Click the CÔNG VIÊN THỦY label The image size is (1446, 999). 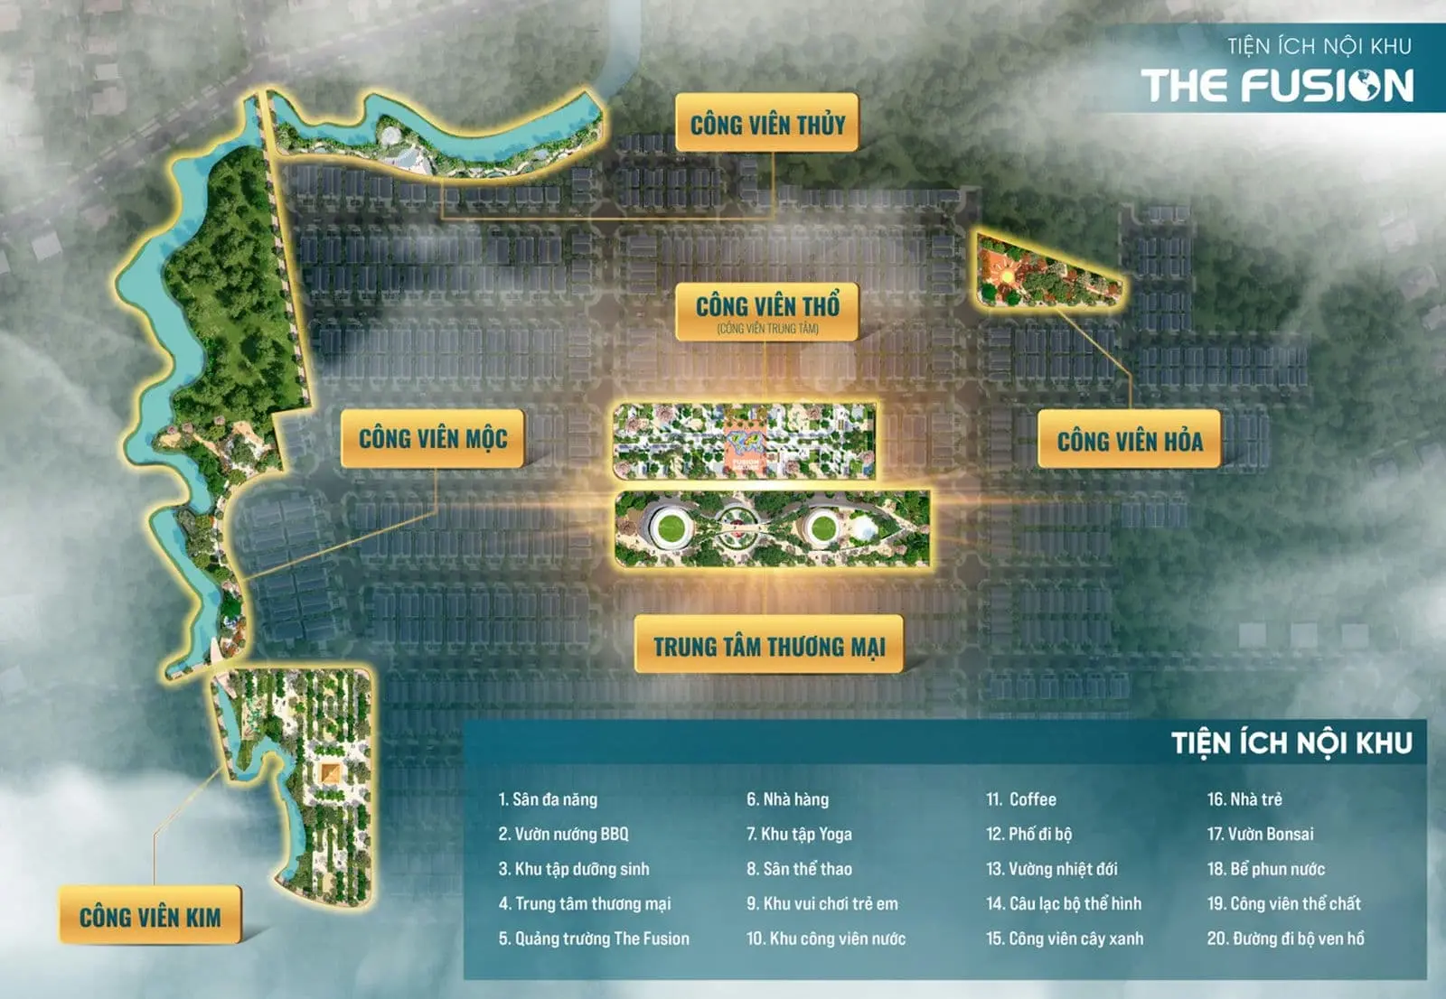(x=767, y=124)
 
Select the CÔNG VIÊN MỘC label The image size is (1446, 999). (x=433, y=439)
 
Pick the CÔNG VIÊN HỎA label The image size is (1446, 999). (x=1130, y=441)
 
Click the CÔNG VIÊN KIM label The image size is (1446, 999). (x=150, y=917)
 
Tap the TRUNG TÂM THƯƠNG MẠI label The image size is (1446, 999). (x=769, y=646)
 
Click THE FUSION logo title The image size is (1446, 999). (x=1277, y=86)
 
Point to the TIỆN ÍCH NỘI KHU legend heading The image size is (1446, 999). (x=1291, y=743)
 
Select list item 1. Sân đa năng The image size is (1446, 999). (x=548, y=799)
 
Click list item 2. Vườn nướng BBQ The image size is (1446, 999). (x=563, y=834)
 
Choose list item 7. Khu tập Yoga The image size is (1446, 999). (x=799, y=834)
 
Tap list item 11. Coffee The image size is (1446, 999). (x=1021, y=799)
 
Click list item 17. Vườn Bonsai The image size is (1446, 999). (x=1261, y=834)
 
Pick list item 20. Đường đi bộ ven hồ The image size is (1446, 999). (x=1286, y=938)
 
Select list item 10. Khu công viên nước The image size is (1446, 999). (x=826, y=938)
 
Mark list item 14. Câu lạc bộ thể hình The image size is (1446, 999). (x=1064, y=903)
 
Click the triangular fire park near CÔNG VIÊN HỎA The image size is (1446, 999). (x=1039, y=273)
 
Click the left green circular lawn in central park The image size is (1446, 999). (x=670, y=526)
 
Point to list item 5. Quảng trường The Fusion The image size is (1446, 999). (x=594, y=938)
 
